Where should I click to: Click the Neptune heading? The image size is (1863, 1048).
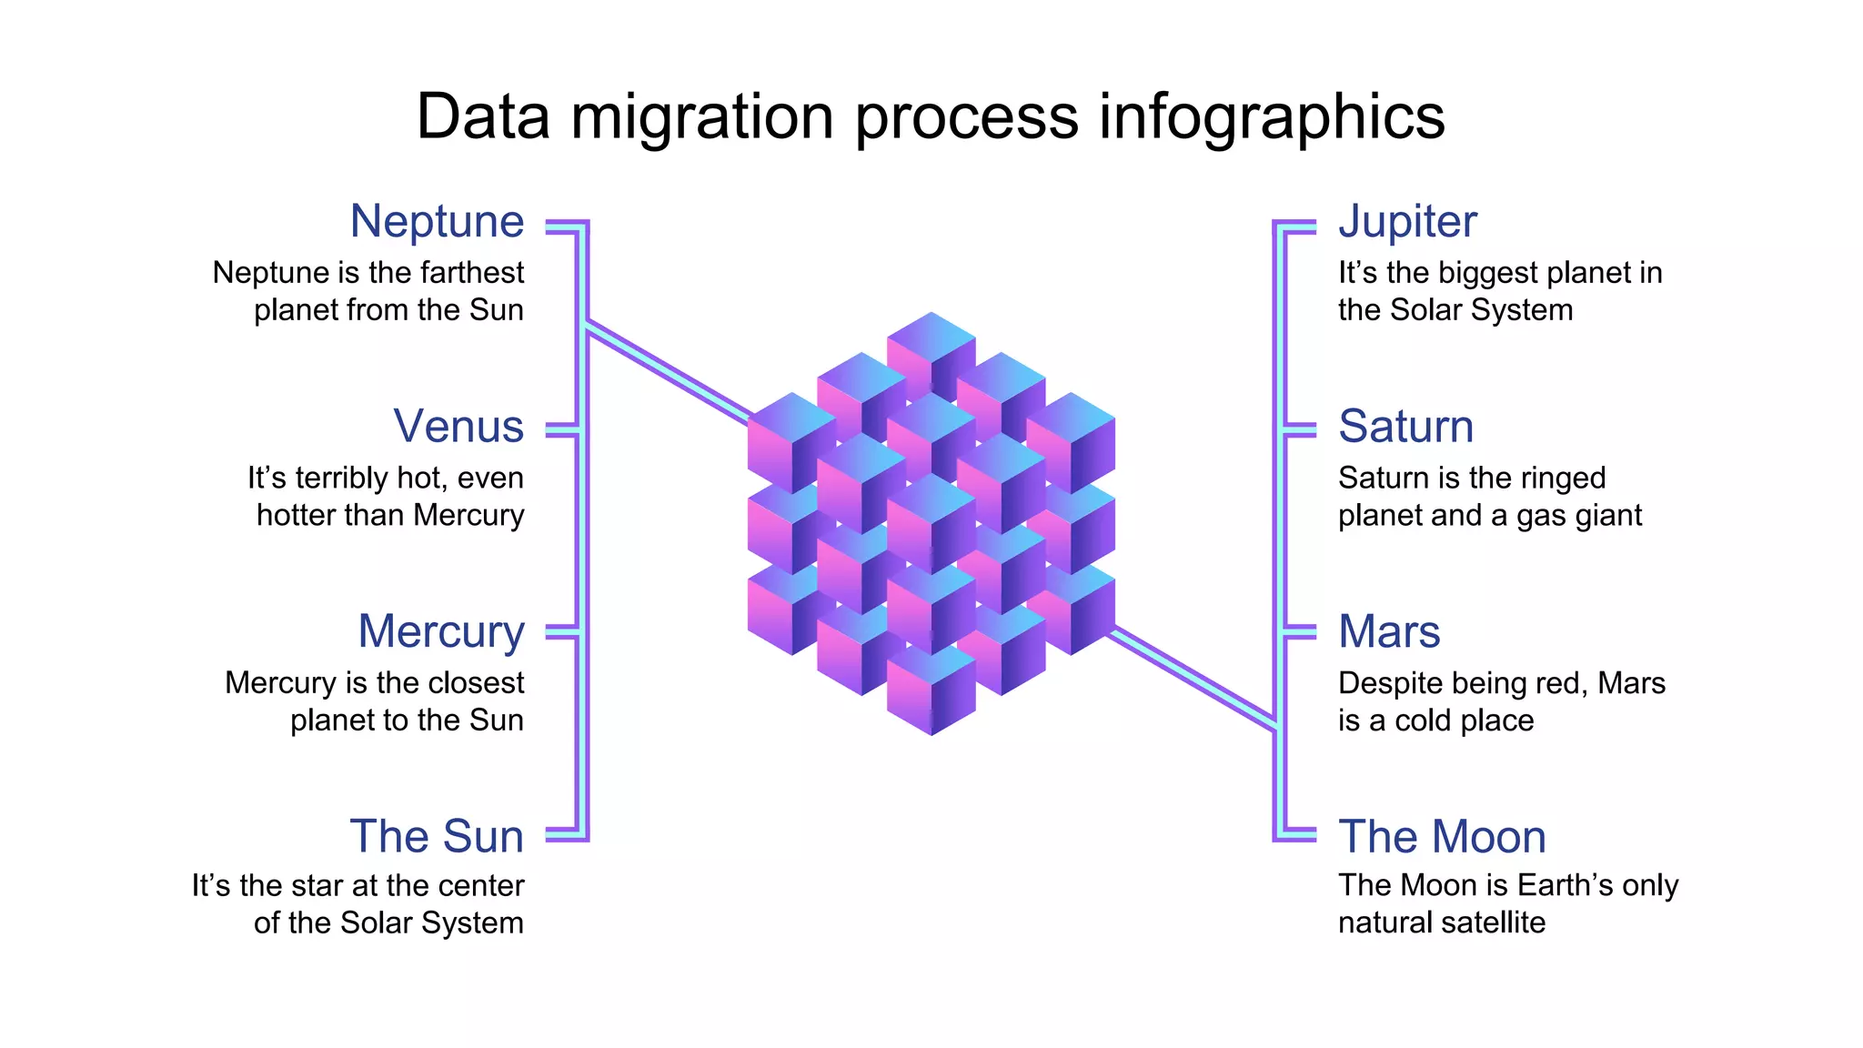[x=437, y=221]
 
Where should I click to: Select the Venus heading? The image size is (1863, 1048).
[x=458, y=426]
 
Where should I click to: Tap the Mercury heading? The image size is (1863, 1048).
[x=441, y=631]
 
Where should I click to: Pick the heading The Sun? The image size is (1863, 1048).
[x=437, y=836]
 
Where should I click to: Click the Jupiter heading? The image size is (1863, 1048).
[x=1407, y=221]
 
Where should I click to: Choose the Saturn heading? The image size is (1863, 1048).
[x=1405, y=426]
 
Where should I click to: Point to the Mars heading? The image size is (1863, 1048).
[x=1389, y=631]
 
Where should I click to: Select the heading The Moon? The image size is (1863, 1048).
[x=1442, y=836]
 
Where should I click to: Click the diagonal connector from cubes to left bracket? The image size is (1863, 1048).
[x=669, y=373]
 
